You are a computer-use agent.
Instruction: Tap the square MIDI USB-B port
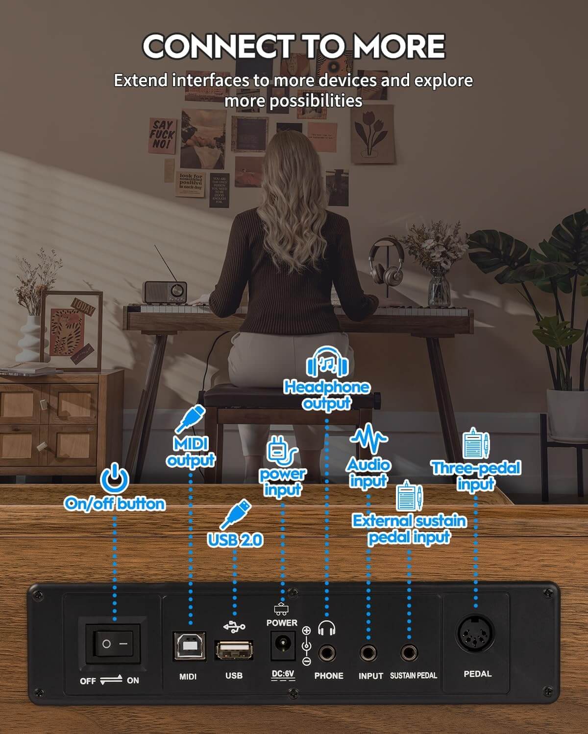pos(189,646)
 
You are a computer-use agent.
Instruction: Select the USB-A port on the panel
pos(234,650)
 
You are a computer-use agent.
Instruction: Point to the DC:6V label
pos(283,674)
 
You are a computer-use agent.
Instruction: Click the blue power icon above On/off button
pos(114,478)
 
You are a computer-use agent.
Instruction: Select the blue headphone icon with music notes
pos(327,363)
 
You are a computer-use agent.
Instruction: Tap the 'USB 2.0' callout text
pos(235,540)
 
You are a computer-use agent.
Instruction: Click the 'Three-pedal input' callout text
pos(476,476)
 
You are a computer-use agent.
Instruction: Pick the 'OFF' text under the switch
pos(88,681)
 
